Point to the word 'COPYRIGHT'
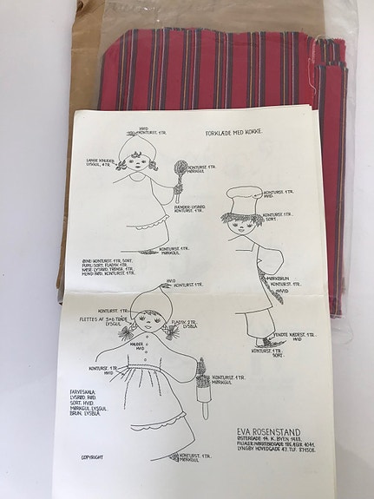pos(98,456)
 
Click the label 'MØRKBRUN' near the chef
pos(282,279)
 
